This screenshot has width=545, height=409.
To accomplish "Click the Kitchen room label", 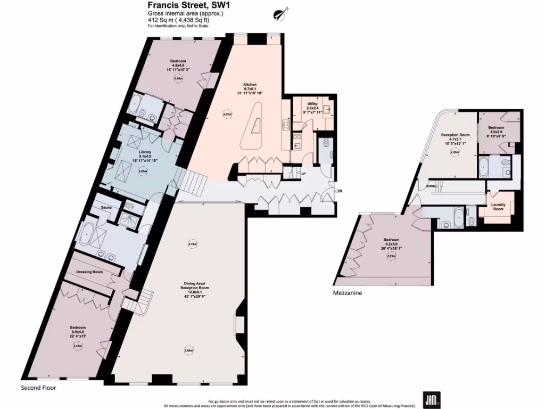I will (250, 85).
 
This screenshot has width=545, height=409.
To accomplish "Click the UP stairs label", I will (303, 174).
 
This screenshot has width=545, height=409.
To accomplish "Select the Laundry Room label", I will (498, 206).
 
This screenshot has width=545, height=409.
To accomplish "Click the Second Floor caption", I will (38, 388).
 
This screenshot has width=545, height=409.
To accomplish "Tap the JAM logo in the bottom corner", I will (430, 399).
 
